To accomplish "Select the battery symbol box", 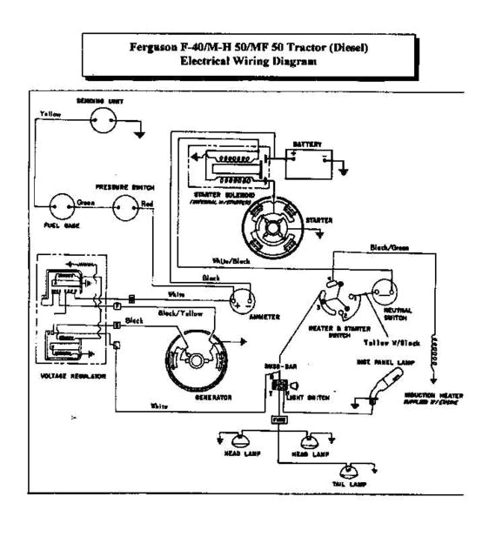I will pyautogui.click(x=310, y=163).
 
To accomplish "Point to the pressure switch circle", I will pyautogui.click(x=129, y=206).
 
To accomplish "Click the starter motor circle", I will pyautogui.click(x=272, y=230).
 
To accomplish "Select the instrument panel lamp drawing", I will pyautogui.click(x=383, y=384).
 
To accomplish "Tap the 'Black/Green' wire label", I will pyautogui.click(x=389, y=248).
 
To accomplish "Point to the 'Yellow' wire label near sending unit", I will pyautogui.click(x=50, y=113).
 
